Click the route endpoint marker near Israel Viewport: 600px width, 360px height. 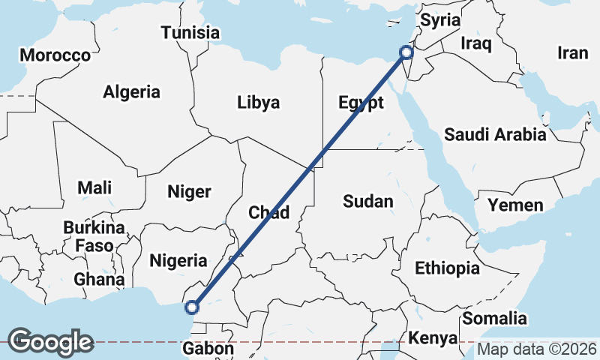(406, 52)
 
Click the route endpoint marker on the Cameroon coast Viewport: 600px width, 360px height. (192, 307)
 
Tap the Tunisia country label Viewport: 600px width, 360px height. (190, 33)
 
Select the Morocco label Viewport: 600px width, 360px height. (55, 55)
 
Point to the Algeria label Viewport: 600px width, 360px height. (132, 92)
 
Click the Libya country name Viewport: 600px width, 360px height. (258, 102)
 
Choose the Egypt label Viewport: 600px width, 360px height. (361, 103)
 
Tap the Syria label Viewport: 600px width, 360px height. (439, 20)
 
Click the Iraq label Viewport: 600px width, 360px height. (475, 43)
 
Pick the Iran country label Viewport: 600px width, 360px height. (573, 52)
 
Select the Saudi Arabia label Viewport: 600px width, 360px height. (495, 135)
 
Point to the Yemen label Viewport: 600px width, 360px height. (515, 205)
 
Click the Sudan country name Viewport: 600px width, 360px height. (367, 201)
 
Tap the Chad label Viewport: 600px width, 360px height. (268, 213)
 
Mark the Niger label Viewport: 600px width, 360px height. (190, 192)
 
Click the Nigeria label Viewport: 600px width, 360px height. (178, 261)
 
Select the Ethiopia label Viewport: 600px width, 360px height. (447, 268)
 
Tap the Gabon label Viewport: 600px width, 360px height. (208, 349)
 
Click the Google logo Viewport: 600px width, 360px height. (50, 342)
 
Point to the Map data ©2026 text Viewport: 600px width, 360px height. (536, 349)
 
